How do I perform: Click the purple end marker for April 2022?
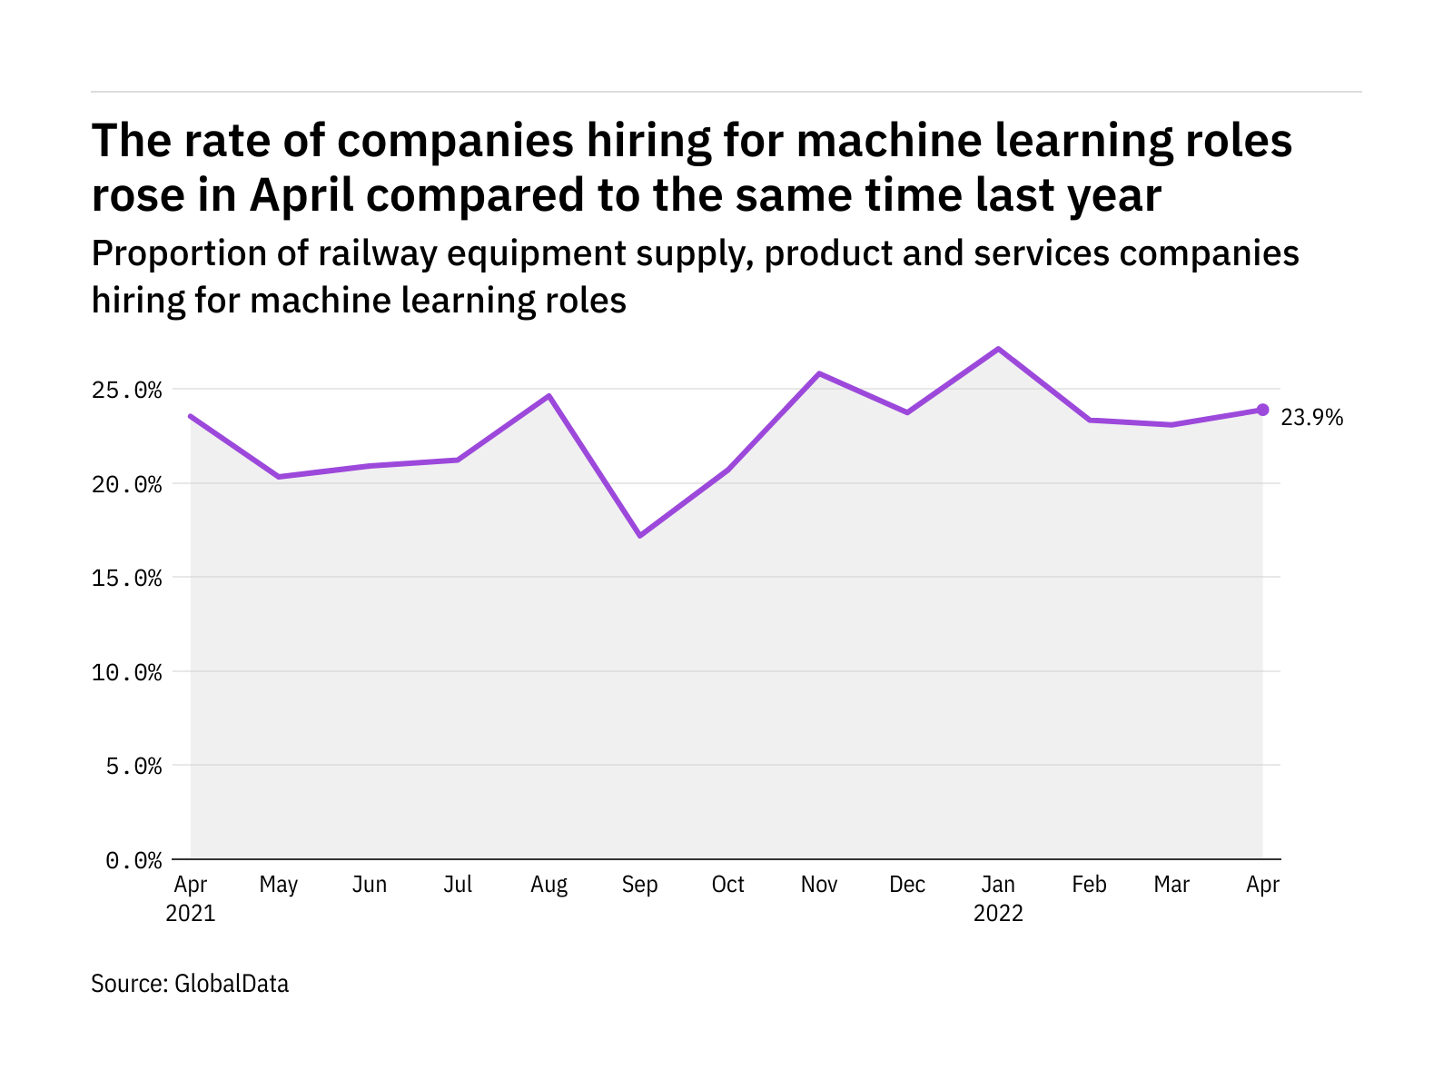click(x=1262, y=410)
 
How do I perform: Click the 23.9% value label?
click(x=1311, y=418)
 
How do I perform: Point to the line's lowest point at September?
click(x=640, y=536)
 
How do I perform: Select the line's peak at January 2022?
click(x=998, y=349)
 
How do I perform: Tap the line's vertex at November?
click(x=819, y=373)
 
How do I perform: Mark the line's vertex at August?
click(x=549, y=396)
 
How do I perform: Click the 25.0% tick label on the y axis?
click(x=126, y=391)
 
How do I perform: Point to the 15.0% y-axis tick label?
click(x=126, y=578)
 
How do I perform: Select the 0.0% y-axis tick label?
click(x=133, y=860)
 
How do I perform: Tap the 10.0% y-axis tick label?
click(x=126, y=672)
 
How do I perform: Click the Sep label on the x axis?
click(x=640, y=885)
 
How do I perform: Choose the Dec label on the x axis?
click(x=907, y=885)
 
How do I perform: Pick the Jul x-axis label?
click(x=458, y=885)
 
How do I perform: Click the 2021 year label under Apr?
click(x=191, y=914)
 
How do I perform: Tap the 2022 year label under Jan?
click(x=998, y=914)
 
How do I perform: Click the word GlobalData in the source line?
click(x=232, y=984)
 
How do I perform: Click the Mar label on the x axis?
click(x=1171, y=885)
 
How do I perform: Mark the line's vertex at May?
click(x=279, y=476)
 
